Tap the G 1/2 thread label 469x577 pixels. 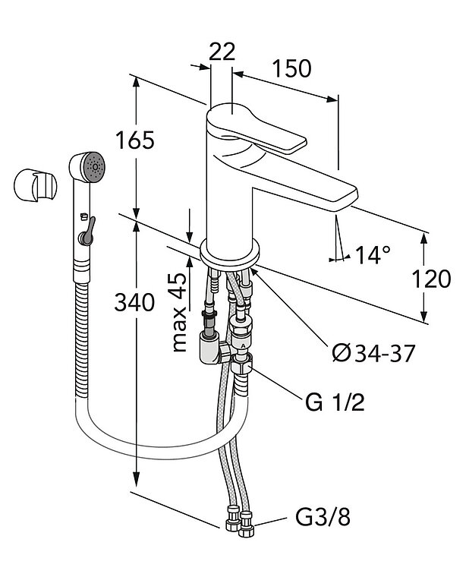335,402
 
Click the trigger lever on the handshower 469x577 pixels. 88,228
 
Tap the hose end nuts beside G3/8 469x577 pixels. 240,525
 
